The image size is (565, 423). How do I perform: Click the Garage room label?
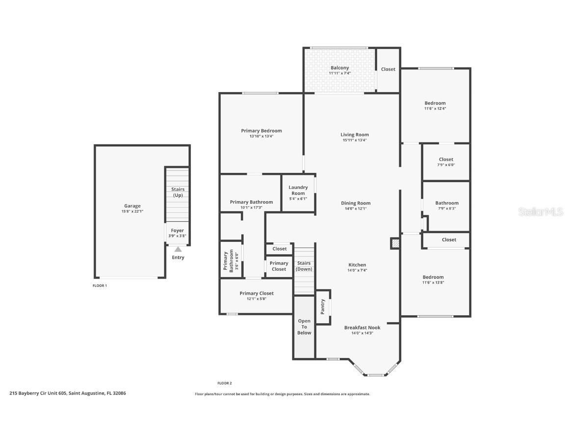(x=132, y=206)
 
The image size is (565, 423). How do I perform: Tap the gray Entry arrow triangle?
(x=178, y=249)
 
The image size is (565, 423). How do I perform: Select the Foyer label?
(x=177, y=231)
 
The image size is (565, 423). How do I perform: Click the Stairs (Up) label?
(x=178, y=192)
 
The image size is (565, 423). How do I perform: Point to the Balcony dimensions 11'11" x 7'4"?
(x=339, y=73)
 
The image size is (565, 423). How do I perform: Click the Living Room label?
(x=355, y=135)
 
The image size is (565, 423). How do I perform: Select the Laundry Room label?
(x=298, y=190)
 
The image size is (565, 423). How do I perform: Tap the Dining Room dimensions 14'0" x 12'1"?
(x=356, y=209)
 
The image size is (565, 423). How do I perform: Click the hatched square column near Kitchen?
(x=395, y=243)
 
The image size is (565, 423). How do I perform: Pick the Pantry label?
(x=322, y=306)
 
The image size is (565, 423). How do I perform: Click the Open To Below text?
(x=304, y=327)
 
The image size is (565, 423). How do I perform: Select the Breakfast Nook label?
(x=362, y=328)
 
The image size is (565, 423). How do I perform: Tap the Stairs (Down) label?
(x=304, y=266)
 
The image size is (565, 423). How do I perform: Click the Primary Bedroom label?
(x=261, y=131)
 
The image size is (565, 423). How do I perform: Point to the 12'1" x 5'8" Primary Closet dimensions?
(x=257, y=299)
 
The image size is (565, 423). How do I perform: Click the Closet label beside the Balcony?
(x=388, y=69)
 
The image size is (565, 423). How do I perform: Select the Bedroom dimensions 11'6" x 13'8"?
(x=433, y=282)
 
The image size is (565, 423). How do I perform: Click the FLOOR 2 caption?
(x=225, y=383)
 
